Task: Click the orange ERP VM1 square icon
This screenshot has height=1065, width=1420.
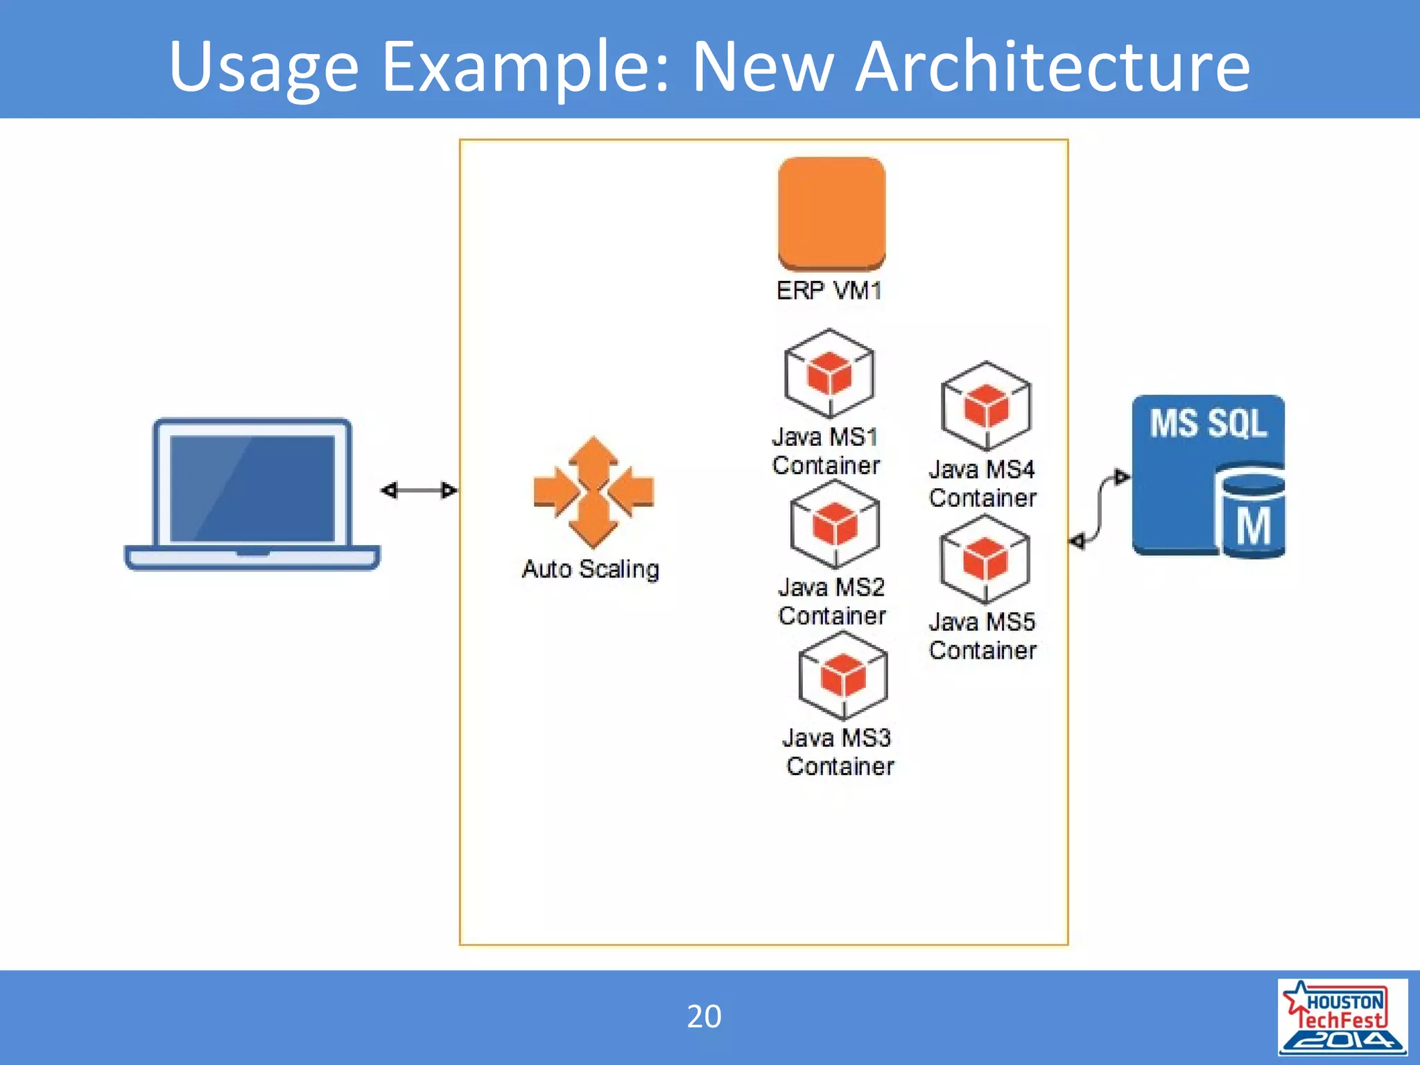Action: tap(831, 212)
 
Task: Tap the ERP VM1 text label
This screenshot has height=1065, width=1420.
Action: tap(829, 290)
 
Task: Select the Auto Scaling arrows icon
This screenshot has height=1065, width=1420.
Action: tap(594, 492)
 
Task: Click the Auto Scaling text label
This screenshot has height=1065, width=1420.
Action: tap(591, 569)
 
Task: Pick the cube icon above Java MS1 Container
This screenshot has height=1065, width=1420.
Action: tap(829, 374)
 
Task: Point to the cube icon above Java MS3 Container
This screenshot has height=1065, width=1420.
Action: tap(843, 675)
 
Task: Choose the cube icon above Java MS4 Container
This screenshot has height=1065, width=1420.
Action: tap(986, 406)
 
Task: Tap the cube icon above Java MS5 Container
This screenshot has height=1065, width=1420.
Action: tap(985, 559)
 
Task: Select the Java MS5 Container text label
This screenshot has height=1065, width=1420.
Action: tap(982, 636)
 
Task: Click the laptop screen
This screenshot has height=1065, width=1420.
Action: tap(252, 488)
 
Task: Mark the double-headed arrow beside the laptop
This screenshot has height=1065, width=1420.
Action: tap(419, 490)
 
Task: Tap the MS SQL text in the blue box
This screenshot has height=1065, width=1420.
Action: tap(1208, 423)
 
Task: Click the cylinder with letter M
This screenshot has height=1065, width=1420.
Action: tap(1253, 517)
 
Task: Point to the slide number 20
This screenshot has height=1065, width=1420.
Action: tap(704, 1016)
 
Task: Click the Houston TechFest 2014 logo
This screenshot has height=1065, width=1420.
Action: tap(1342, 1016)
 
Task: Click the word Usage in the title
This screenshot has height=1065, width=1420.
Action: tap(263, 68)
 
